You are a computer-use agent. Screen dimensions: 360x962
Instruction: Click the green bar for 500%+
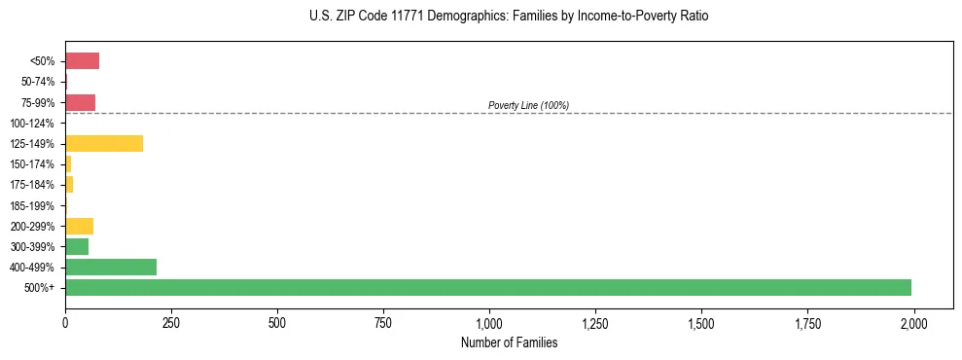487,287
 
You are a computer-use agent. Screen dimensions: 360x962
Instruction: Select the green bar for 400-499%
111,267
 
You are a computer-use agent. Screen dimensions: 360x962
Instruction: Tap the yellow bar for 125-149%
104,144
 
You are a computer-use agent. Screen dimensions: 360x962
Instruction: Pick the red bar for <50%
82,61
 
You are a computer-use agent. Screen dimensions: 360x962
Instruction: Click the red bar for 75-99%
80,102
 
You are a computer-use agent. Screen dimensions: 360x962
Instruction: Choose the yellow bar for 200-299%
79,226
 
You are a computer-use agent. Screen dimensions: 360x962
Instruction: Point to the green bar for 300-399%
77,246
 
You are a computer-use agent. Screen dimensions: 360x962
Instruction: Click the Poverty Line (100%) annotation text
528,105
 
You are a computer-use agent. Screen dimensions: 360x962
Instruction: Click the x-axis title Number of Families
510,342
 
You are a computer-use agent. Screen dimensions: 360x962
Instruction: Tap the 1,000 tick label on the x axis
489,323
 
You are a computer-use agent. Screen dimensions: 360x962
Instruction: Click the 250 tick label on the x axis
171,323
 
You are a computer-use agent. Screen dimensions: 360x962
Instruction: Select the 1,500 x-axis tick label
701,323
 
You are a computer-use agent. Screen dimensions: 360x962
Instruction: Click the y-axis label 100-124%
32,124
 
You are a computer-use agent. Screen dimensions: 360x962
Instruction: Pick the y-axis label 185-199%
32,205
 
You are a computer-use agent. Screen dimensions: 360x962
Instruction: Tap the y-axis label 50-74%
37,82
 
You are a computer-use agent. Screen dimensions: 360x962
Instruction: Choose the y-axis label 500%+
41,288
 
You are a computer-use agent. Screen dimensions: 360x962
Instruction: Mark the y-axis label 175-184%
32,185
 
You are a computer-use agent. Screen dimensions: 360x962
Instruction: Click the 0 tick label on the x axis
65,323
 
